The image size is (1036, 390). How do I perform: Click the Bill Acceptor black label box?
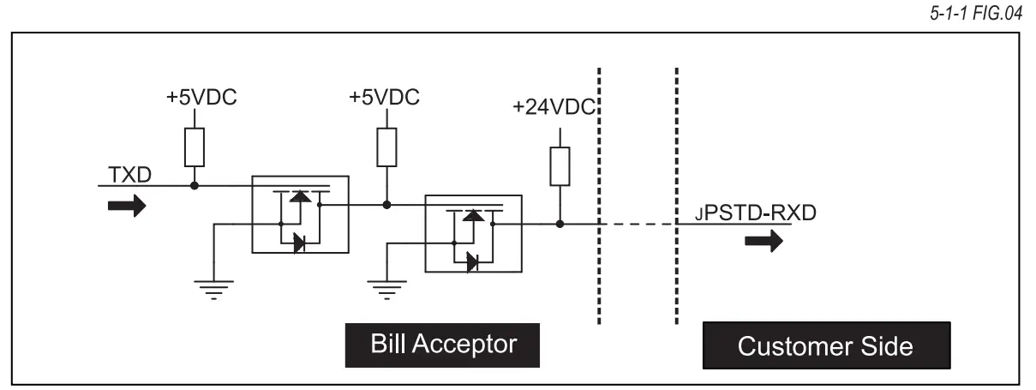pyautogui.click(x=443, y=345)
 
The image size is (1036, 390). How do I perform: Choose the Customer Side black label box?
pyautogui.click(x=826, y=347)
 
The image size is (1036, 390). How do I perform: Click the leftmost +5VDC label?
pyautogui.click(x=201, y=97)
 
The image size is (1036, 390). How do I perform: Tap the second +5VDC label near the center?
pyautogui.click(x=385, y=97)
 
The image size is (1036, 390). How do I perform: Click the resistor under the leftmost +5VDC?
pyautogui.click(x=195, y=146)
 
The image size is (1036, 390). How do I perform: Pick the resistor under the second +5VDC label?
pyautogui.click(x=386, y=146)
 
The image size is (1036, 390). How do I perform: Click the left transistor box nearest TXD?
pyautogui.click(x=299, y=214)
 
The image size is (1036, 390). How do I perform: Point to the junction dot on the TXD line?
pyautogui.click(x=195, y=184)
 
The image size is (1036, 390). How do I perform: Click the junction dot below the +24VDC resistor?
pyautogui.click(x=559, y=225)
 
